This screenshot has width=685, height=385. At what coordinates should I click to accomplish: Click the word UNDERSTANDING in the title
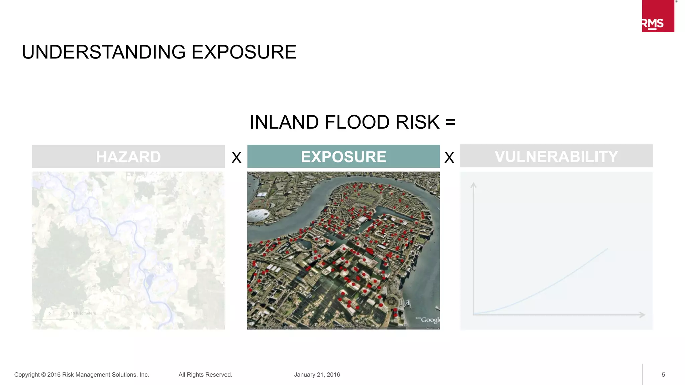click(104, 52)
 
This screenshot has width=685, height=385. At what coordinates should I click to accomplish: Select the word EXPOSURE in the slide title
click(244, 52)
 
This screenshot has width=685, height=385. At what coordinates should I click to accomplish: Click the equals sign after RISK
click(451, 122)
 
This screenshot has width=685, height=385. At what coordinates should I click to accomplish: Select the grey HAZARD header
click(128, 156)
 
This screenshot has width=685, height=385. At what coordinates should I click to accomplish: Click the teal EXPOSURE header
click(344, 156)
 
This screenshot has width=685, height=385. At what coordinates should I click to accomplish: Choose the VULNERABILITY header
click(556, 156)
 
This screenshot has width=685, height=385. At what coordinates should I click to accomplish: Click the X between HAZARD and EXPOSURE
click(236, 157)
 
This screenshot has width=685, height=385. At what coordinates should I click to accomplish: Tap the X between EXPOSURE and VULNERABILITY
click(449, 157)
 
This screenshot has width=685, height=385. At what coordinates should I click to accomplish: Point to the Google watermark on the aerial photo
click(430, 320)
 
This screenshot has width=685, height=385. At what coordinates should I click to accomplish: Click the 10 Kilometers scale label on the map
click(83, 313)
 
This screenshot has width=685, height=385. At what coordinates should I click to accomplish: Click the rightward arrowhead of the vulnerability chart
click(642, 314)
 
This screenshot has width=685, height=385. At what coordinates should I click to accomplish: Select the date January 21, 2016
click(317, 375)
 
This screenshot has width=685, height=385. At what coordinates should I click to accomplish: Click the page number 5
click(663, 375)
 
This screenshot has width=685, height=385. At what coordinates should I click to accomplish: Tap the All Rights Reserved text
click(205, 375)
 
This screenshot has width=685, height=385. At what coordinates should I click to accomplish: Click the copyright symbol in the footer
click(43, 375)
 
